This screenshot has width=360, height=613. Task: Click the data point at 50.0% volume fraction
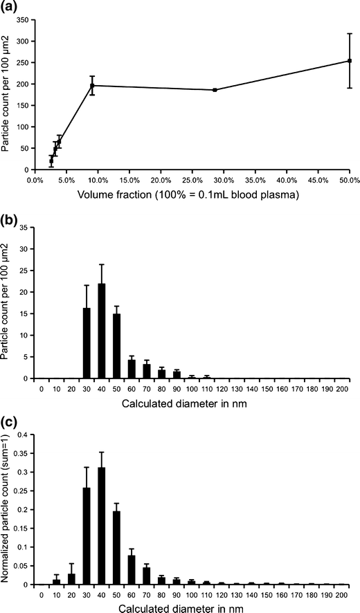tap(350, 61)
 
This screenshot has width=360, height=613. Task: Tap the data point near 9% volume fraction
tap(92, 86)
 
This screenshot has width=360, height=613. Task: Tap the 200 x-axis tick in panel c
tap(341, 594)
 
